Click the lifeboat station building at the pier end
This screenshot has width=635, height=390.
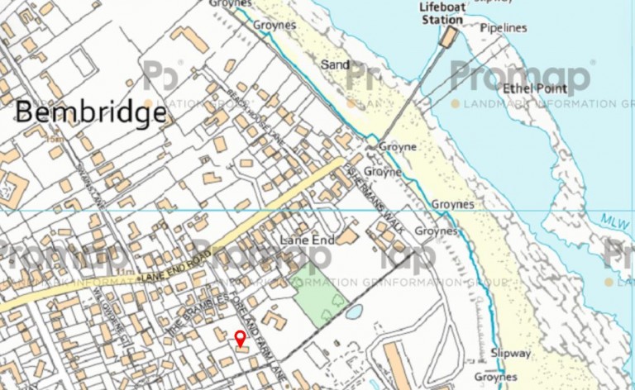click(x=449, y=37)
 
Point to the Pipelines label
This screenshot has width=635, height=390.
click(x=504, y=28)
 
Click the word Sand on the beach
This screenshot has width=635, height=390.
click(x=336, y=64)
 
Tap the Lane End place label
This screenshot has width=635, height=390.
click(x=305, y=239)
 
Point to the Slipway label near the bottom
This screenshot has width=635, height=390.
click(x=510, y=353)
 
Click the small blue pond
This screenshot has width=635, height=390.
click(x=354, y=312)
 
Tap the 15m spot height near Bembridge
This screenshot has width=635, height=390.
click(x=55, y=138)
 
